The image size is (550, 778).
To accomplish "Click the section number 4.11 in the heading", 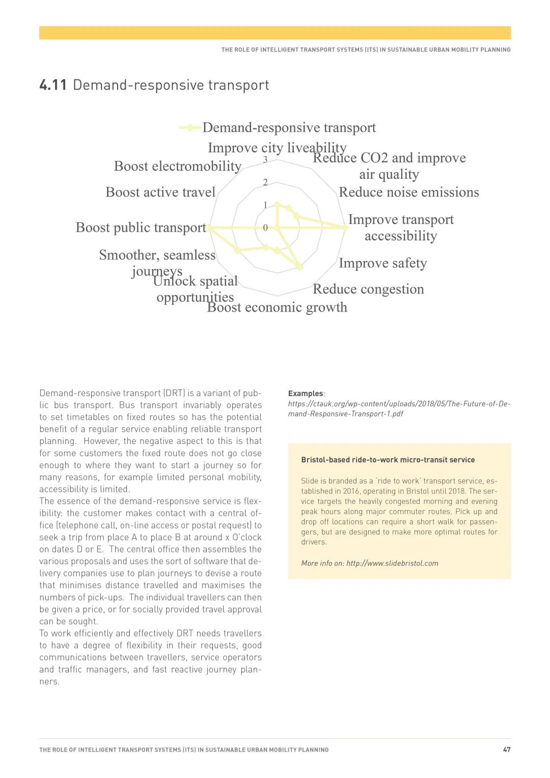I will (x=53, y=85).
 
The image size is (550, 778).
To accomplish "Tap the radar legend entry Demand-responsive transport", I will (x=289, y=127).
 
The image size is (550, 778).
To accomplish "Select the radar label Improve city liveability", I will (x=277, y=148).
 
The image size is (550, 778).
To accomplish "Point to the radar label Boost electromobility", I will (x=178, y=166).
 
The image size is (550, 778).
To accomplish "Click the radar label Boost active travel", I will (x=160, y=192).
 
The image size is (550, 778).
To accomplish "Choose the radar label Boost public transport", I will (x=141, y=227).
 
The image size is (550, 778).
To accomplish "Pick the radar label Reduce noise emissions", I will (x=409, y=192).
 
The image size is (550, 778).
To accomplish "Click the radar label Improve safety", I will (x=383, y=263).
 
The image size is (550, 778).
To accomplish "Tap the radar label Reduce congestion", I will (x=368, y=289).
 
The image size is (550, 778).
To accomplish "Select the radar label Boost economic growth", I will (x=277, y=307).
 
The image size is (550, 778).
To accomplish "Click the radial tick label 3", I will (x=265, y=159).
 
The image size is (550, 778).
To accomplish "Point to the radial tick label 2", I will (x=265, y=182).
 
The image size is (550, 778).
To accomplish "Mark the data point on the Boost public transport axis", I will (x=209, y=228).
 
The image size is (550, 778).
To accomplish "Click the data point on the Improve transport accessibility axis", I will (x=346, y=228).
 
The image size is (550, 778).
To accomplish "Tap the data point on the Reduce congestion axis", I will (x=300, y=267).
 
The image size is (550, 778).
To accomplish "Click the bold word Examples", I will (x=306, y=394).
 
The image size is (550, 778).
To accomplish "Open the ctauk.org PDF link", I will (x=399, y=408).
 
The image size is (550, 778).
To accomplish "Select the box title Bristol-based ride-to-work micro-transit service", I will (x=388, y=460).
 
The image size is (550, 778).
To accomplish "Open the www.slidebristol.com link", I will (x=392, y=563).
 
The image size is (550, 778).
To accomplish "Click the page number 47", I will (x=507, y=749).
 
